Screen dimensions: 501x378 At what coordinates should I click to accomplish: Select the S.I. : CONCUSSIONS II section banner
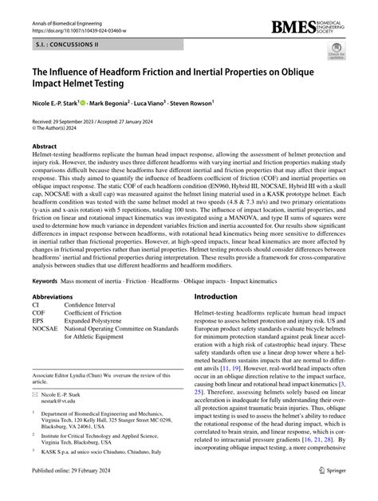coord(61,45)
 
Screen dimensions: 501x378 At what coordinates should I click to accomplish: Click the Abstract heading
coord(45,147)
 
